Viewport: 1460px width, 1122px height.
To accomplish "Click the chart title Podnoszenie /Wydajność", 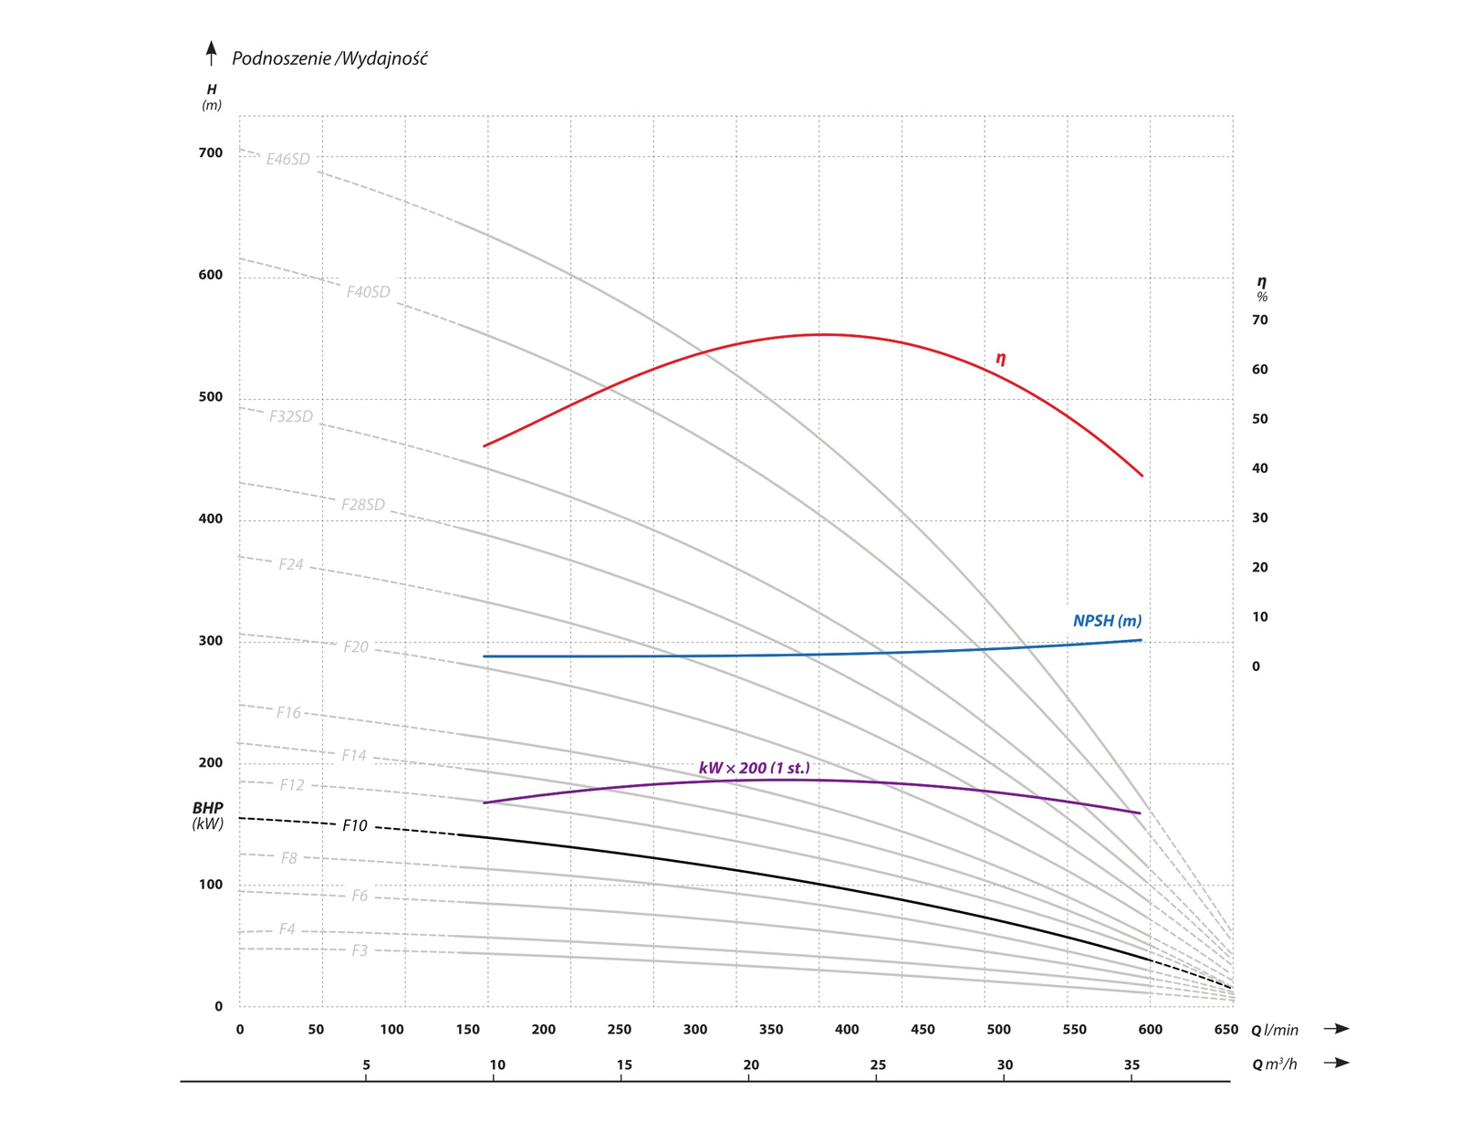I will [329, 58].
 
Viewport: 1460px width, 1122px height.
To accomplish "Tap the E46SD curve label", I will [288, 159].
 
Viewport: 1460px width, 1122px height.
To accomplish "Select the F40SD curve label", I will [368, 292].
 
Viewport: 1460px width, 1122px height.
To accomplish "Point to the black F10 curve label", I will [355, 826].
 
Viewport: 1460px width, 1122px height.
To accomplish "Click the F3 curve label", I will [360, 951].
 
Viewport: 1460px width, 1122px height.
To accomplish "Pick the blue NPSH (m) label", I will [1107, 621].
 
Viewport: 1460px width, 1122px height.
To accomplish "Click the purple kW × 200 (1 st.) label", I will [754, 768].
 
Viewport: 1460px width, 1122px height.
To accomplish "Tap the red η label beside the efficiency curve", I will [1001, 359].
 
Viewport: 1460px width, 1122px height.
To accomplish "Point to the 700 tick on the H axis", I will [211, 153].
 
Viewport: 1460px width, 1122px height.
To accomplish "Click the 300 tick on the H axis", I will [211, 641].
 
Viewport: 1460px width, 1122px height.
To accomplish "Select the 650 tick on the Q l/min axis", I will [1225, 1030].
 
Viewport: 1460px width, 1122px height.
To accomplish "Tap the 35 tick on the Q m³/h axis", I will [1131, 1065].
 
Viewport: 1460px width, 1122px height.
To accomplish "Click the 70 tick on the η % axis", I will [1260, 320].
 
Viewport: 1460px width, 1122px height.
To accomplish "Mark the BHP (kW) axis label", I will [208, 816].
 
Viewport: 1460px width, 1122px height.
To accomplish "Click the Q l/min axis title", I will [1274, 1030].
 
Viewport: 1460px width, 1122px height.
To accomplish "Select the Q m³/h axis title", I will [1274, 1064].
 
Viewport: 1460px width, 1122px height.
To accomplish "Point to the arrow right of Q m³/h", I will [1337, 1063].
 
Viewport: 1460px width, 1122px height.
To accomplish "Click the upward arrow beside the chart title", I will [212, 54].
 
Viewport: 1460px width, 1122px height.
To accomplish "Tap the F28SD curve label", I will [363, 505].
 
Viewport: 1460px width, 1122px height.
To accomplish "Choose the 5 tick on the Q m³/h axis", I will [367, 1065].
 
